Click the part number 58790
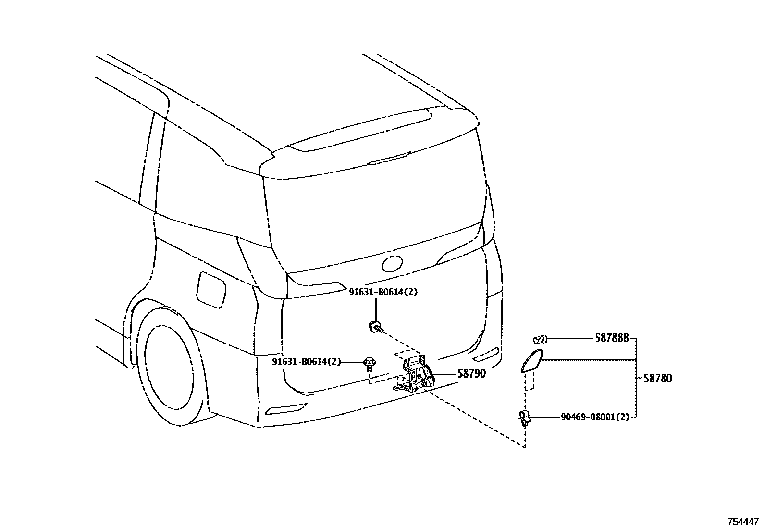tap(471, 373)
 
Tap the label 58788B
tap(612, 338)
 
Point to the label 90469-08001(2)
tap(594, 417)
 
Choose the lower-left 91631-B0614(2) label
tap(306, 362)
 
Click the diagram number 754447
tap(743, 521)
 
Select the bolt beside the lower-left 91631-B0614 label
tap(369, 363)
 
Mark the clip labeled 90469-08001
tap(524, 418)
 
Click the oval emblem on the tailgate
tap(392, 263)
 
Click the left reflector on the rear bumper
tap(285, 408)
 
